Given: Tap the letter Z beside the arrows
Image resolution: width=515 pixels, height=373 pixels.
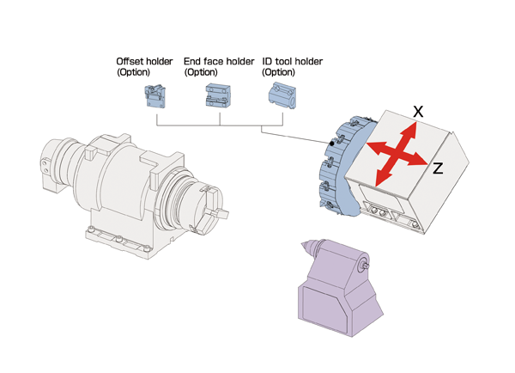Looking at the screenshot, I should tap(438, 169).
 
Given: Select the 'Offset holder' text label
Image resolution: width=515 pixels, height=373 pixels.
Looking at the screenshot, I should tap(144, 62).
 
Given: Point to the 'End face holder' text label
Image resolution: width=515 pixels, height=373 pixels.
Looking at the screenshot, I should tap(219, 62).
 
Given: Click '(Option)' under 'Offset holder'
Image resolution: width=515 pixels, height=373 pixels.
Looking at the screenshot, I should tap(133, 73).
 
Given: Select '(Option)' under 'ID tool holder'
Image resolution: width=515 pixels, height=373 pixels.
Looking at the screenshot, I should tap(278, 73).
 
